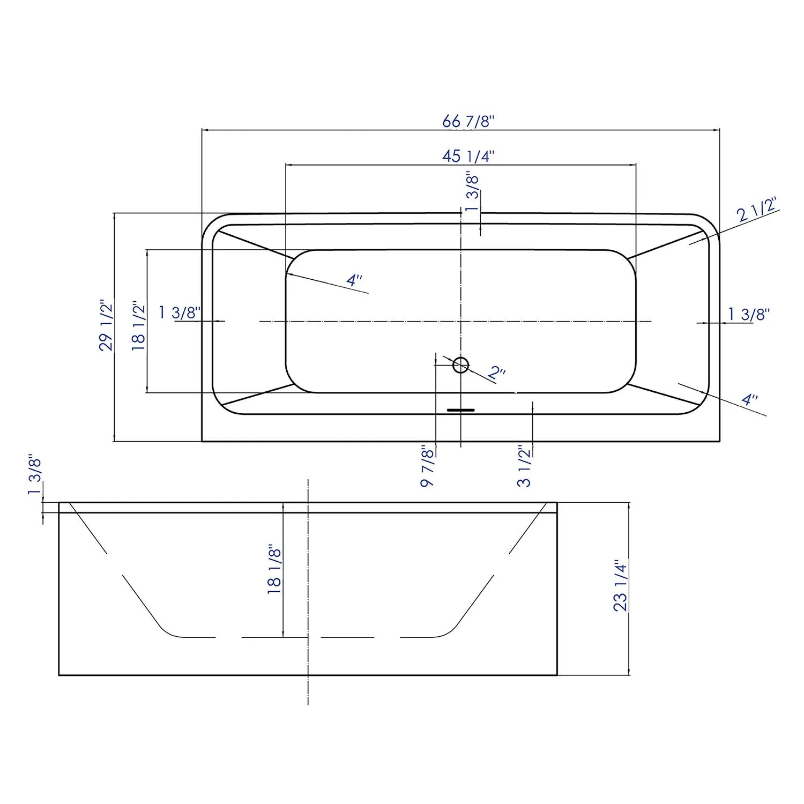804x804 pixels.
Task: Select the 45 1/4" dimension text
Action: [467, 156]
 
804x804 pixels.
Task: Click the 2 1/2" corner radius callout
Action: [757, 210]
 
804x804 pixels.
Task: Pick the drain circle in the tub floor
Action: [460, 365]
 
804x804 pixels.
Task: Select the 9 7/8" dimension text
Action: [427, 465]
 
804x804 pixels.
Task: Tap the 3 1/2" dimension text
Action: [524, 465]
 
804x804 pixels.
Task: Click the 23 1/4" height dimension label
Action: [620, 586]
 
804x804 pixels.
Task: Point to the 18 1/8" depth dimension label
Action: [274, 569]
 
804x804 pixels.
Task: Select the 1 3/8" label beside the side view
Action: [35, 477]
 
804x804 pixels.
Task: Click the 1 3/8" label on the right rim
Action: [749, 314]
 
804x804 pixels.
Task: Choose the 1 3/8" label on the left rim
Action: [180, 312]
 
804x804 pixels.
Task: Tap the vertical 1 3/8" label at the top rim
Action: [472, 192]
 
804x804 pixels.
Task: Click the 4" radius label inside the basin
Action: [354, 280]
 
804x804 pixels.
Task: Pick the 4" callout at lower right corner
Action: [749, 400]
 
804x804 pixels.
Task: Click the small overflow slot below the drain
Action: [461, 410]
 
